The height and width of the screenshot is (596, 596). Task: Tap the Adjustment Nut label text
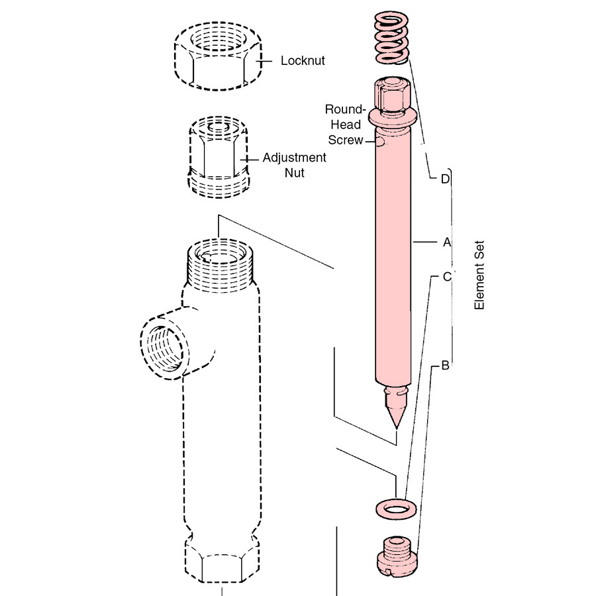click(285, 166)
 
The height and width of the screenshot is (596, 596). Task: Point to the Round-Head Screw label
click(346, 124)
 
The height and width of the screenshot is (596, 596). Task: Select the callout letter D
click(446, 178)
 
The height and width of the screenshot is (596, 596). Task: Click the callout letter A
click(446, 243)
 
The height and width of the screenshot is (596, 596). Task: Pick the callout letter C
click(446, 275)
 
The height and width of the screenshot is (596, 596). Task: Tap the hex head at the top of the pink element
click(393, 94)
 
